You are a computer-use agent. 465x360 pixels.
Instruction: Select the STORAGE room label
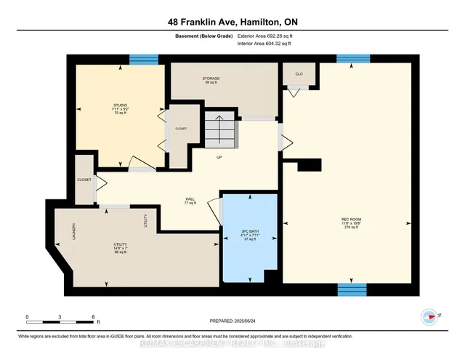(x=212, y=80)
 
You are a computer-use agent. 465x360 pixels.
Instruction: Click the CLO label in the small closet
(x=299, y=73)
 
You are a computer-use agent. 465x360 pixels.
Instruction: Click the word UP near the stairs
(x=219, y=157)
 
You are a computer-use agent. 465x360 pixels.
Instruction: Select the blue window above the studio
(x=148, y=59)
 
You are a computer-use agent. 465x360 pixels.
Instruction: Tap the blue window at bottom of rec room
(x=352, y=289)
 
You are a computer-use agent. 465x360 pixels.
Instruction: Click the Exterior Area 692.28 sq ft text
(x=268, y=35)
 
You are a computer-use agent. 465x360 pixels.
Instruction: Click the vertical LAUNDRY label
(x=74, y=232)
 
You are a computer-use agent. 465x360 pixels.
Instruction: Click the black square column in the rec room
(x=309, y=166)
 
